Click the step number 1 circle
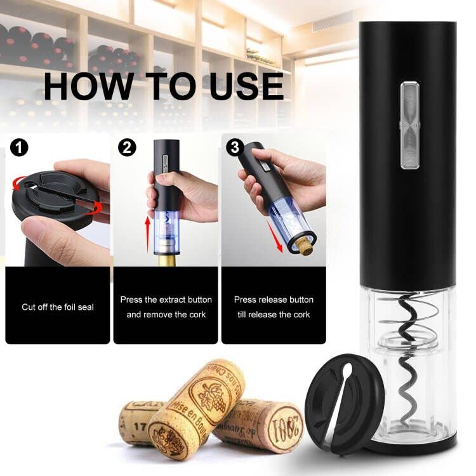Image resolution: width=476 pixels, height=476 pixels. click(x=19, y=148)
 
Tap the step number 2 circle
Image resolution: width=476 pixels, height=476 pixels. click(x=127, y=147)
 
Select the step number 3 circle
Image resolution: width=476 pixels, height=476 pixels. click(x=235, y=147)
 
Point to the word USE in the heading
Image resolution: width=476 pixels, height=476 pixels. click(x=246, y=86)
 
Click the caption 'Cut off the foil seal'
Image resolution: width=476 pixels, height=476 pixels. click(x=58, y=307)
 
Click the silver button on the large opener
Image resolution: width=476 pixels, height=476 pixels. click(x=410, y=125)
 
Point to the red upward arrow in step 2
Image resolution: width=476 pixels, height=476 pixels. click(x=147, y=234)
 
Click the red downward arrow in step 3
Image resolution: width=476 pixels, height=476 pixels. click(x=275, y=236)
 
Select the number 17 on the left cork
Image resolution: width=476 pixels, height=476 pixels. click(x=140, y=427)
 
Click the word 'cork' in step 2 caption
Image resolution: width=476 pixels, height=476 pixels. click(x=197, y=315)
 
